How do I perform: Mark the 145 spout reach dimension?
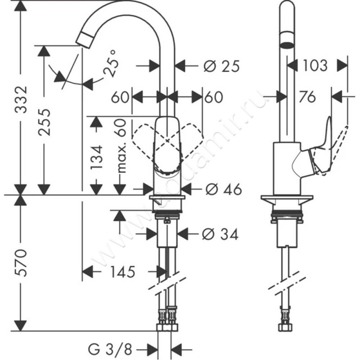121,271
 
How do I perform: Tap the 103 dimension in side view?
315,66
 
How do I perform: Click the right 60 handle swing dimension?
214,97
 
